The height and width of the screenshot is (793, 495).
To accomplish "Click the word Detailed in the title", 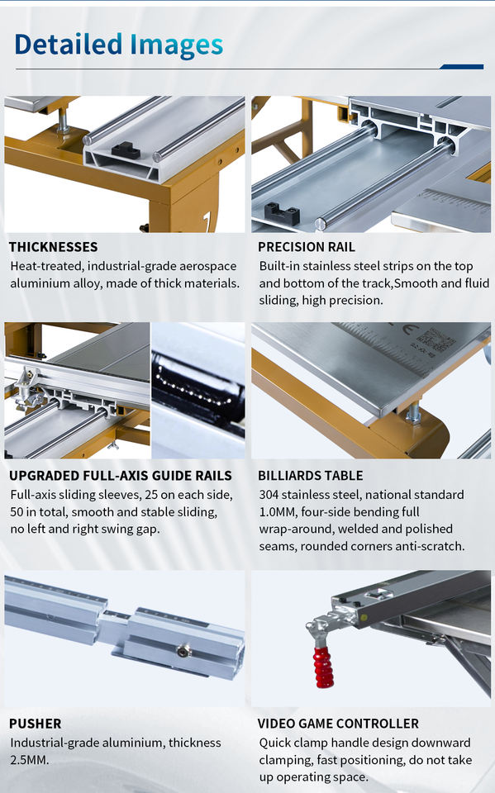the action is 69,44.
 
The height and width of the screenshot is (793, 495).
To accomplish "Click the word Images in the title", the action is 177,46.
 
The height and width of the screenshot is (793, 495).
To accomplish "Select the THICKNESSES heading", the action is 53,247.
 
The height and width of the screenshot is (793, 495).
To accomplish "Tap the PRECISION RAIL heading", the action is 307,247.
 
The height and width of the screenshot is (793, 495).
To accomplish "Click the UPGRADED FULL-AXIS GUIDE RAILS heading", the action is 121,476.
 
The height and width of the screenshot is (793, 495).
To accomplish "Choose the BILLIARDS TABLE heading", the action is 310,476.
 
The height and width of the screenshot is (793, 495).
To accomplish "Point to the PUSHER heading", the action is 35,724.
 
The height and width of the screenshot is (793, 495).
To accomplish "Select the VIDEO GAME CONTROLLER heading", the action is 338,724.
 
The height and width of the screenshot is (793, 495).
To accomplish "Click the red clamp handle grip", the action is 324,667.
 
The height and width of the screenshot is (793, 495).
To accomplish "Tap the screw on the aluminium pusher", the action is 184,652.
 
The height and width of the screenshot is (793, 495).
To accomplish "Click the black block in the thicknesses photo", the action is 126,150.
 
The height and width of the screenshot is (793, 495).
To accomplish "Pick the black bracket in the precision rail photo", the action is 282,214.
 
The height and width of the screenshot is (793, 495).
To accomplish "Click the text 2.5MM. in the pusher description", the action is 30,760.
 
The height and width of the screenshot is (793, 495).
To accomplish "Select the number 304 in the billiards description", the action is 269,495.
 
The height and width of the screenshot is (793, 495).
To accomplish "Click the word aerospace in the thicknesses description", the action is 208,267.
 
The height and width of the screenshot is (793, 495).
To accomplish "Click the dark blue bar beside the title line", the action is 462,66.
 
